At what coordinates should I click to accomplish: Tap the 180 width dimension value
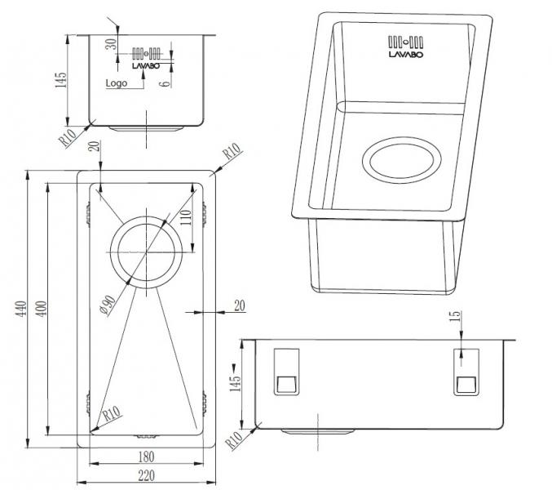(147, 457)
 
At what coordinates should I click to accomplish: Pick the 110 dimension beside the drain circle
(186, 218)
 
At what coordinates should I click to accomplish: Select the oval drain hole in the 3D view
(406, 159)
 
